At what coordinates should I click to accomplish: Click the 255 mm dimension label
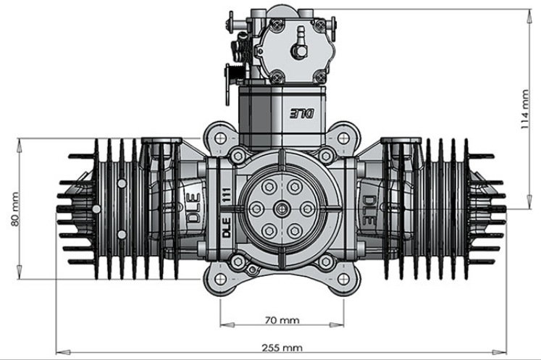click(283, 348)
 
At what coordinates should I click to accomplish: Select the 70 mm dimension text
click(283, 319)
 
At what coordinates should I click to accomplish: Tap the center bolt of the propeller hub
click(280, 209)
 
